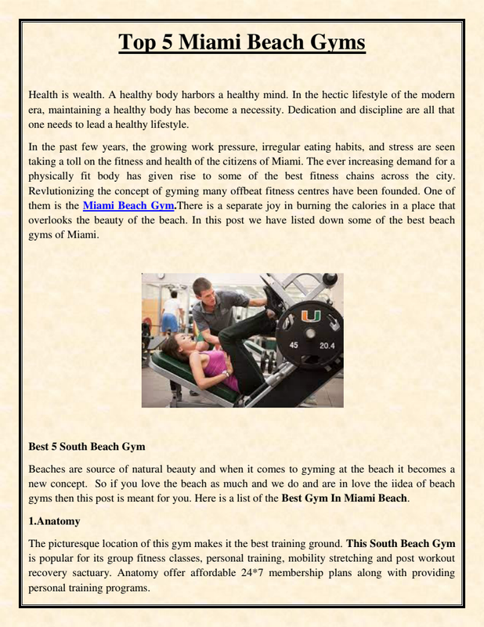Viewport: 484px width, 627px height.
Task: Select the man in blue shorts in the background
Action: pos(170,310)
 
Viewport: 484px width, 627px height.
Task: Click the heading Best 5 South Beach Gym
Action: pos(87,447)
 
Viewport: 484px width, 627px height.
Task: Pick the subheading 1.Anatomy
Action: pos(54,520)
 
